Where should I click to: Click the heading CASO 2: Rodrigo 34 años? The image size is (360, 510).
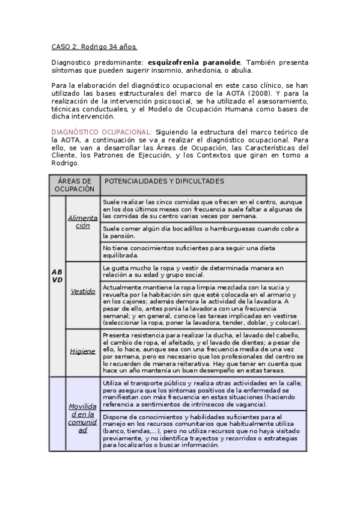[x=94, y=46]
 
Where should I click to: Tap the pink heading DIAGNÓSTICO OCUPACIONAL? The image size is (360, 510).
[x=101, y=132]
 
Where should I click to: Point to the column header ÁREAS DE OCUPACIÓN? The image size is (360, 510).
[x=74, y=185]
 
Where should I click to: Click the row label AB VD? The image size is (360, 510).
[x=57, y=275]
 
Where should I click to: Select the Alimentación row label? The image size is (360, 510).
[x=82, y=221]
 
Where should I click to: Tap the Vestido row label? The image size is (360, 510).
[x=82, y=291]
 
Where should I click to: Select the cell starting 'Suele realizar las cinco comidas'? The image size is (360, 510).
[x=203, y=209]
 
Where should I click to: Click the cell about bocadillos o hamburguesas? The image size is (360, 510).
[x=203, y=232]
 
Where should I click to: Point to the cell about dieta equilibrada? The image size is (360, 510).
[x=203, y=251]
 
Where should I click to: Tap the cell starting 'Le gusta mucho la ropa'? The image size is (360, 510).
[x=203, y=271]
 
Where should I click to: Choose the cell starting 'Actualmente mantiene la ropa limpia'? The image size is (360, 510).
[x=203, y=304]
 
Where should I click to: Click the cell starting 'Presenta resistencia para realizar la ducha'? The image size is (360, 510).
[x=203, y=352]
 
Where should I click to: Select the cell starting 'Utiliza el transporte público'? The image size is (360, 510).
[x=203, y=393]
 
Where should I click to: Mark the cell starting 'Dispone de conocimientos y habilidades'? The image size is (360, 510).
[x=203, y=431]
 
